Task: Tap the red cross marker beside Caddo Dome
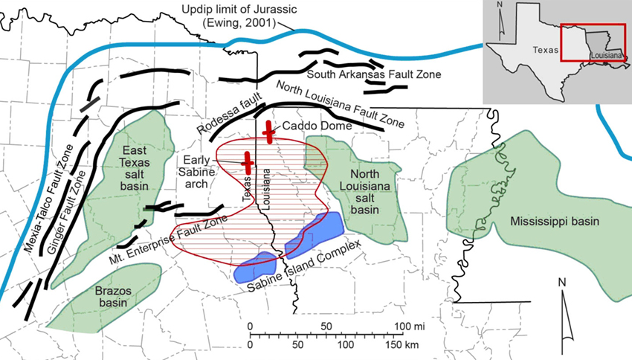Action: (x=268, y=128)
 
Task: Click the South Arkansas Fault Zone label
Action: (x=374, y=74)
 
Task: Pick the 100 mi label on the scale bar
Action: (x=403, y=326)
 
